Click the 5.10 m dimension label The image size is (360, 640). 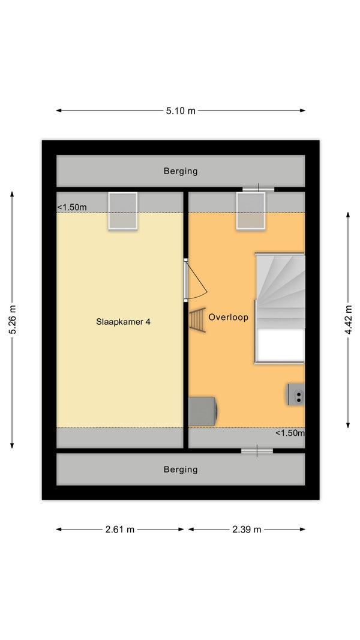click(x=181, y=110)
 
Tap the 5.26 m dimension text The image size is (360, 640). click(x=13, y=319)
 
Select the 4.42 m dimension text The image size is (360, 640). click(x=348, y=319)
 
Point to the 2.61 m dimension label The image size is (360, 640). click(x=120, y=530)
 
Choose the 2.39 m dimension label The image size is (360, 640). click(x=247, y=530)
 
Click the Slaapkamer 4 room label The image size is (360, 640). click(x=123, y=322)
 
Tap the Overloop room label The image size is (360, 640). click(x=229, y=317)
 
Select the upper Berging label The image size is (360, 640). click(x=181, y=171)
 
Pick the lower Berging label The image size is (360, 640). click(x=181, y=469)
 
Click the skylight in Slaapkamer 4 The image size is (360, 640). click(x=122, y=211)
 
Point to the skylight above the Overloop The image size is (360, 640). click(x=251, y=211)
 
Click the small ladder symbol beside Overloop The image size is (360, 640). click(x=197, y=321)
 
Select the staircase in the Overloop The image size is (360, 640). click(x=280, y=291)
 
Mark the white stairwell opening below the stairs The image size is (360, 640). click(x=280, y=345)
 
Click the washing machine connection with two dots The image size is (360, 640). click(x=296, y=394)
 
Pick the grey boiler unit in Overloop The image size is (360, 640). click(x=203, y=411)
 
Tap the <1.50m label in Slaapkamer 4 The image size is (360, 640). click(x=72, y=207)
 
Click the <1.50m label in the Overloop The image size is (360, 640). click(x=290, y=433)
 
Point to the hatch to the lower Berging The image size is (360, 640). click(x=257, y=451)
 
